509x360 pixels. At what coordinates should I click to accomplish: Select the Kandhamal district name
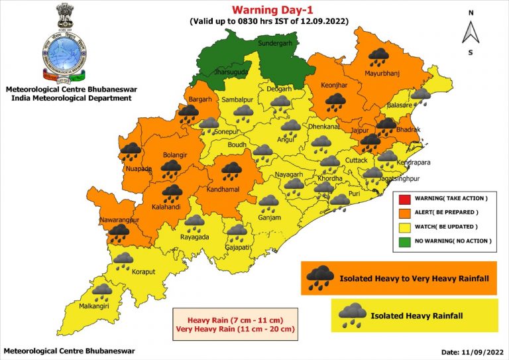coord(229,190)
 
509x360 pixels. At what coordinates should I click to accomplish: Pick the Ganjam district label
coord(270,217)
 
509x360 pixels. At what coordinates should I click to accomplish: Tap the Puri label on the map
coord(354,194)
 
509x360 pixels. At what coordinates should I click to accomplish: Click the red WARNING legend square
coord(404,198)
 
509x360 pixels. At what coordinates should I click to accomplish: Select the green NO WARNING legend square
coord(404,240)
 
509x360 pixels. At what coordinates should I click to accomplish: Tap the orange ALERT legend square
coord(404,212)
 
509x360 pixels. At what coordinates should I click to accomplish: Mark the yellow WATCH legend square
coord(404,226)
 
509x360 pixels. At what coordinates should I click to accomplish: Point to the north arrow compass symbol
coord(471,32)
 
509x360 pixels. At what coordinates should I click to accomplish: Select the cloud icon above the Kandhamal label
coord(232,171)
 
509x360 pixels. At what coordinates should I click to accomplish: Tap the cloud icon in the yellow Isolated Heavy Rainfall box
coord(352,314)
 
